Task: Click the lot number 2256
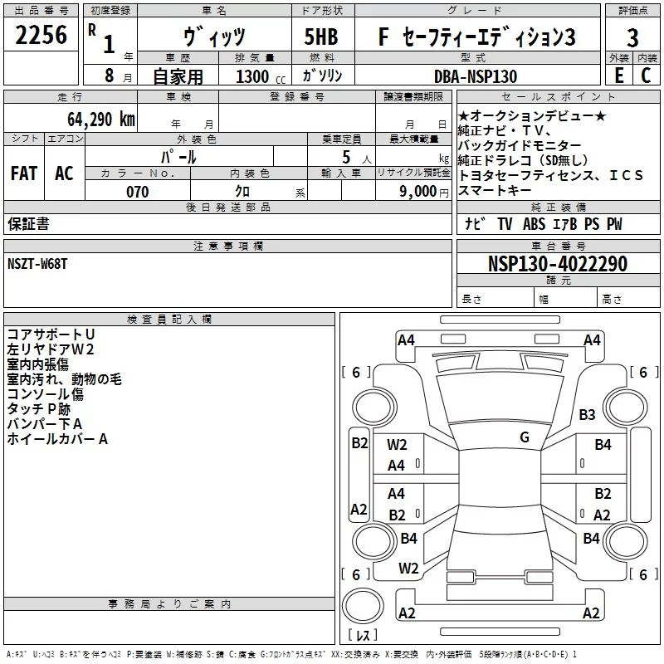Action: coord(41,36)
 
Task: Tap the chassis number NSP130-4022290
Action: coord(557,264)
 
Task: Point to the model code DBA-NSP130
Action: coord(476,76)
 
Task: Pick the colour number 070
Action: coord(137,192)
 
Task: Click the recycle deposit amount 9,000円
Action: coord(424,192)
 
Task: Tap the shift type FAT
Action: coord(24,173)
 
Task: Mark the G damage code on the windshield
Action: coord(524,437)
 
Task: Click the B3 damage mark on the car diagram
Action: coord(588,414)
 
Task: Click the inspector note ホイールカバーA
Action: coord(57,439)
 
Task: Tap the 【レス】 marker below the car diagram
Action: coord(362,636)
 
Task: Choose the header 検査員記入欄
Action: coord(169,319)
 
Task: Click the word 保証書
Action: coord(28,223)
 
